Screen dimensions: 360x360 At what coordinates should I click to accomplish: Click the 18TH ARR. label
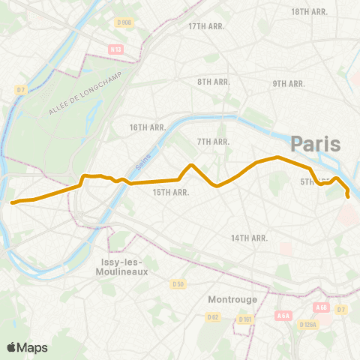coord(310,12)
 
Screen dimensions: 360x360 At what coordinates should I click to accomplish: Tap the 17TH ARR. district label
coord(207,26)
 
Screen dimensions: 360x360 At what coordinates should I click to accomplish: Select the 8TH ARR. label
coord(212,81)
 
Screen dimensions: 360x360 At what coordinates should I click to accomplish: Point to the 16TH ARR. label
coord(147,127)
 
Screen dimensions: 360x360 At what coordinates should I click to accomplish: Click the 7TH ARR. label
coord(212,141)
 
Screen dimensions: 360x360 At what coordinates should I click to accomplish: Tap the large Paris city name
coord(315,143)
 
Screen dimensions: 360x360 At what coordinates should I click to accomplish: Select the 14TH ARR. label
coord(249,238)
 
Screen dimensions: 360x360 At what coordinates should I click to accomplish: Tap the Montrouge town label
coord(232,299)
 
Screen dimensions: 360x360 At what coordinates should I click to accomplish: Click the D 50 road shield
coord(178,283)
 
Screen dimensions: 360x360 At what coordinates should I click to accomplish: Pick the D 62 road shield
coord(213,318)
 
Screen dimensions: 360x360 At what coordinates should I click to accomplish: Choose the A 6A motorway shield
coord(283,315)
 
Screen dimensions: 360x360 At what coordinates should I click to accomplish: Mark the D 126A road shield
coord(307,325)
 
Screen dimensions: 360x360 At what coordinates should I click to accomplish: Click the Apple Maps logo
coord(27,346)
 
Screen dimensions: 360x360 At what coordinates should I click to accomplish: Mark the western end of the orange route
coord(12,202)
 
